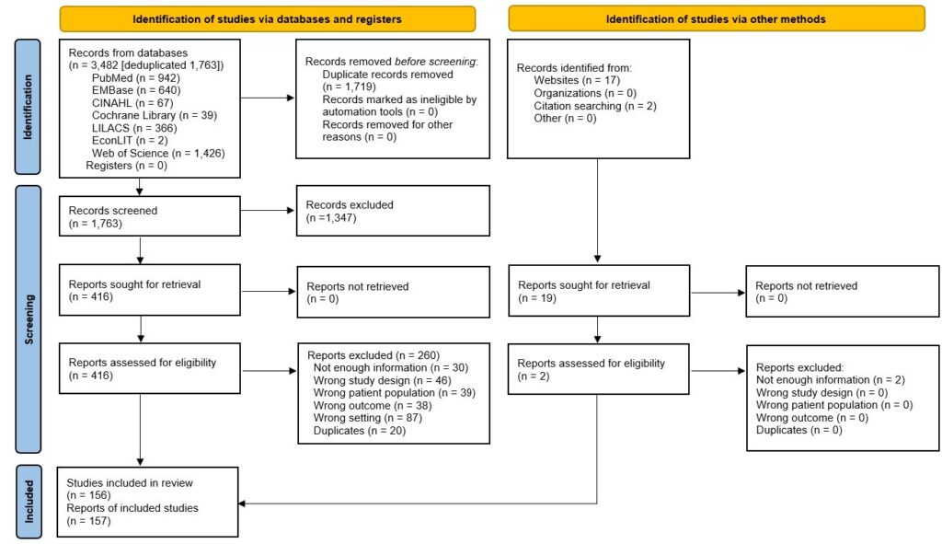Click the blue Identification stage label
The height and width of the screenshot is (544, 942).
28,107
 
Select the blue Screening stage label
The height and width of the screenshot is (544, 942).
28,318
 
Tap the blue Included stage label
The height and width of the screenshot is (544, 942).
28,502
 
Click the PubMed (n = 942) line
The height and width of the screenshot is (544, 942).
136,78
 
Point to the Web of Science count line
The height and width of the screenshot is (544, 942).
158,154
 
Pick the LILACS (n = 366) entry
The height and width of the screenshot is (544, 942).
134,128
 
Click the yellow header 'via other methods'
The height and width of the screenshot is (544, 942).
716,19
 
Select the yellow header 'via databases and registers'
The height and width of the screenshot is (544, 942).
268,19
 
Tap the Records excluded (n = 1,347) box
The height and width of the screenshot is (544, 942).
393,211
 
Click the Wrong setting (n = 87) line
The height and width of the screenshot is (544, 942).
368,418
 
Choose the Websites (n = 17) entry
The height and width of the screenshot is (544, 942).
577,81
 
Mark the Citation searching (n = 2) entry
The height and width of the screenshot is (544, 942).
595,106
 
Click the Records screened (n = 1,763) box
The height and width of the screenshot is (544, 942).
150,215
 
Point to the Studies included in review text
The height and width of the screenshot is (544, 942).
130,482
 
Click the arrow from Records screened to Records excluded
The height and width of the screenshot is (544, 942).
268,211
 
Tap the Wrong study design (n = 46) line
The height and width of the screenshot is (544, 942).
382,380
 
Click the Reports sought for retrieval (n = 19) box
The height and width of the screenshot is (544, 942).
599,291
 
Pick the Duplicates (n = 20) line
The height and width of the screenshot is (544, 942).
360,431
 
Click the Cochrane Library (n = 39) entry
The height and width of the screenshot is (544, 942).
155,115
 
